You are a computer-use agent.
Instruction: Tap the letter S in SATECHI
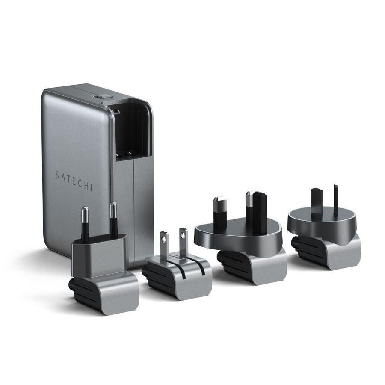[57, 175]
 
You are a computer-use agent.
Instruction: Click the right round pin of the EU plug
[113, 218]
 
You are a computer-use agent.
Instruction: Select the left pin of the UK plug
[219, 212]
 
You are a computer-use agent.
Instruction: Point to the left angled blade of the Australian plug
[317, 203]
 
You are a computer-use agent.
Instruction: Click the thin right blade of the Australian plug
[336, 200]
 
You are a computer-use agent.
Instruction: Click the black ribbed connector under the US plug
[158, 276]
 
